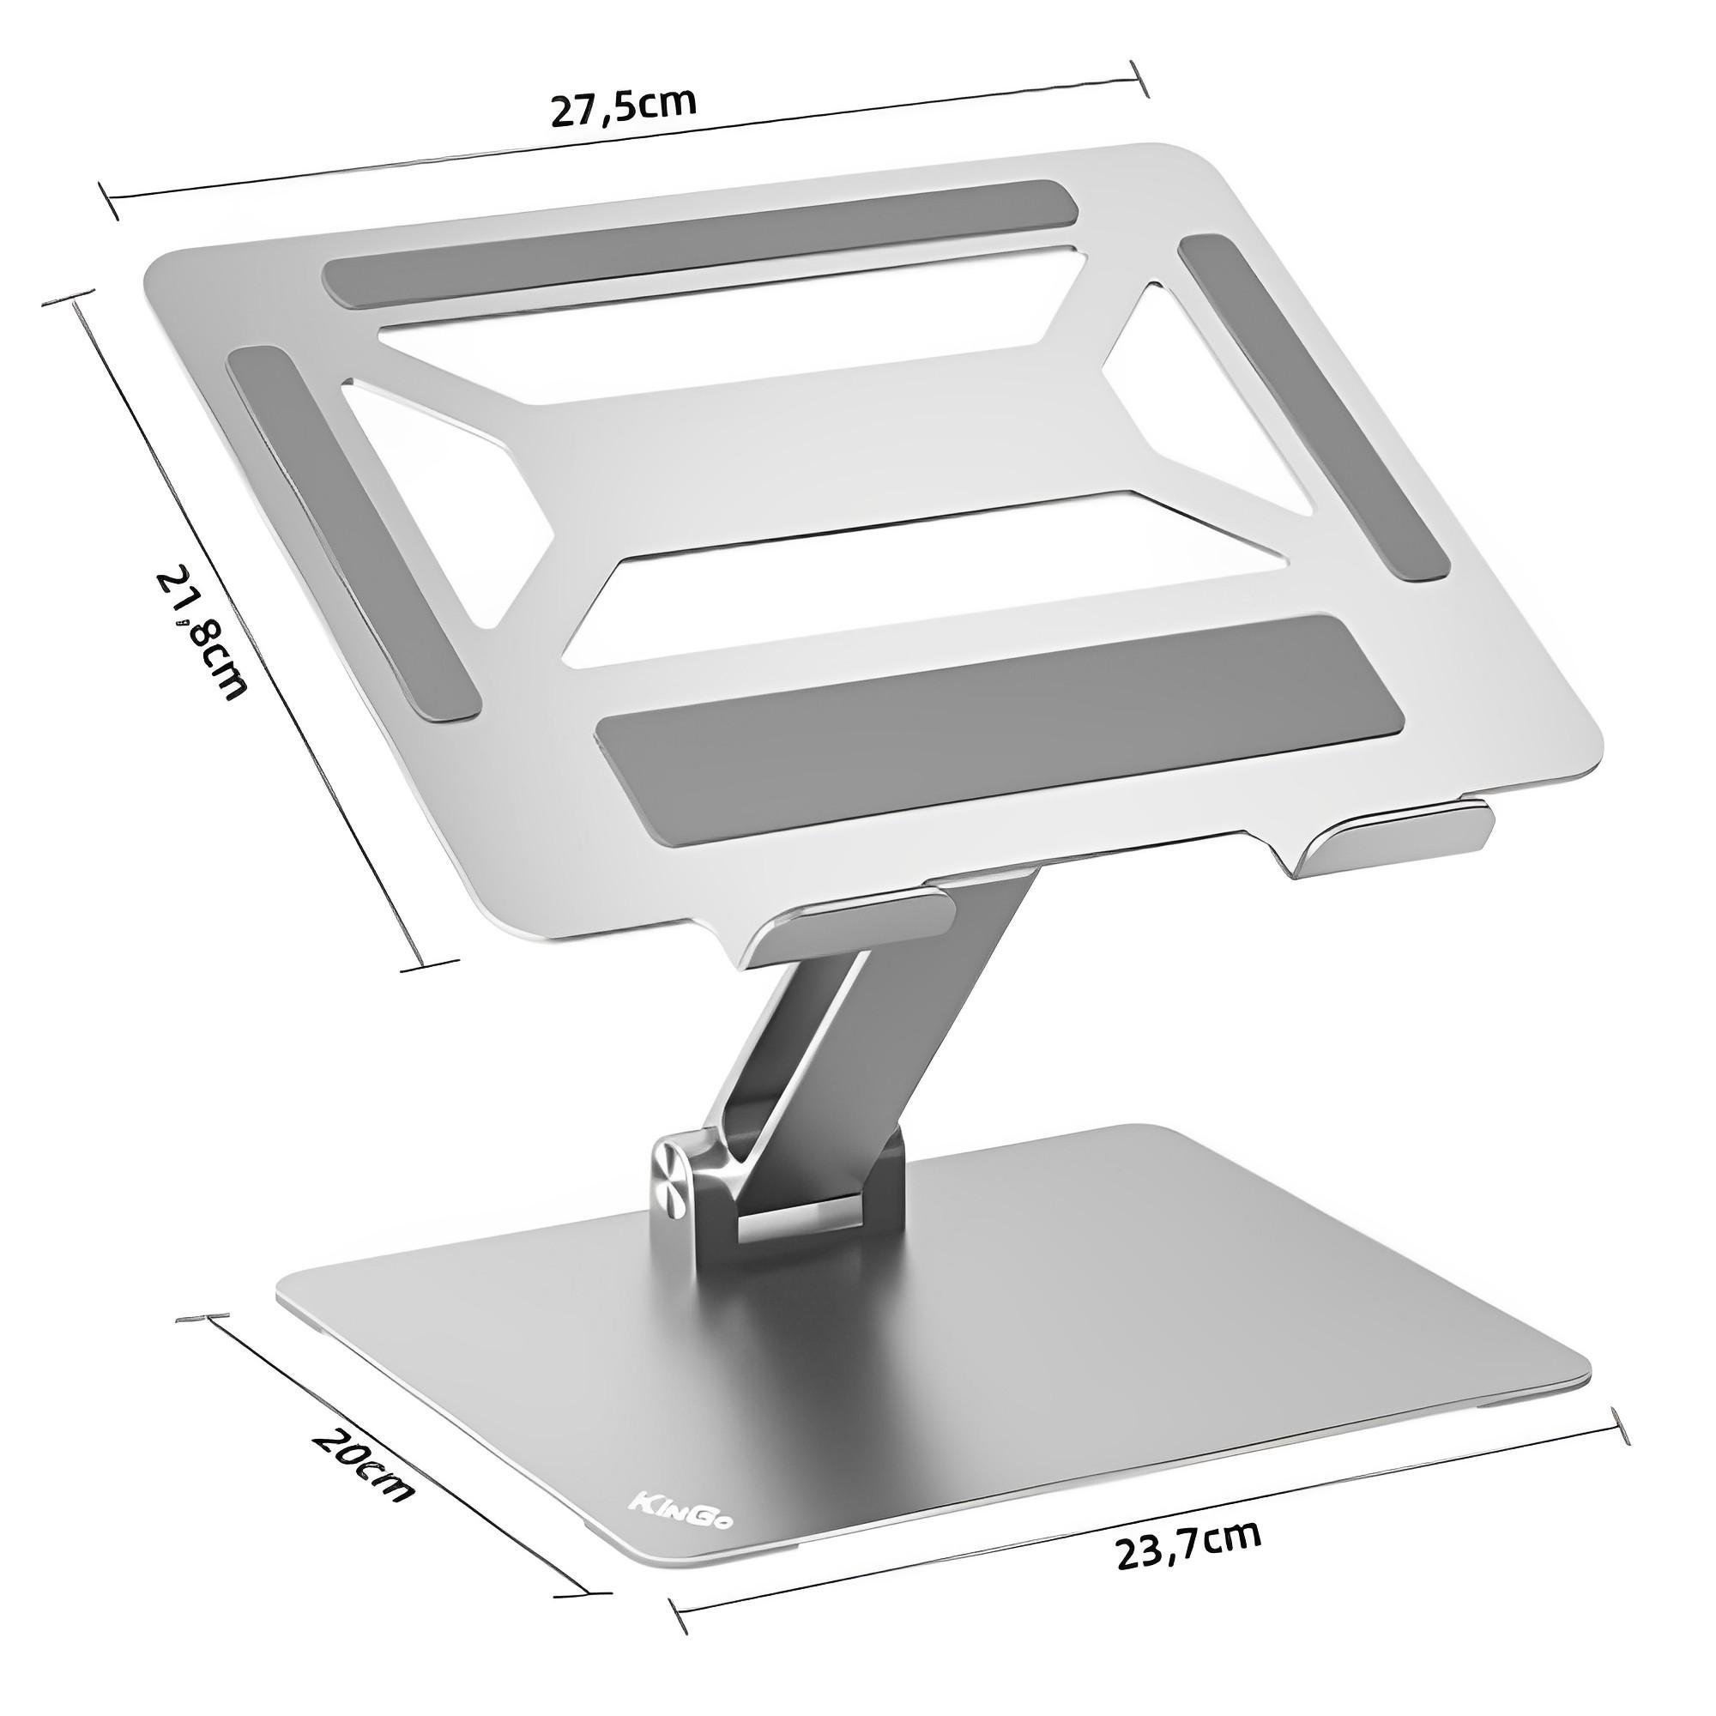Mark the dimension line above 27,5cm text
[622, 142]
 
